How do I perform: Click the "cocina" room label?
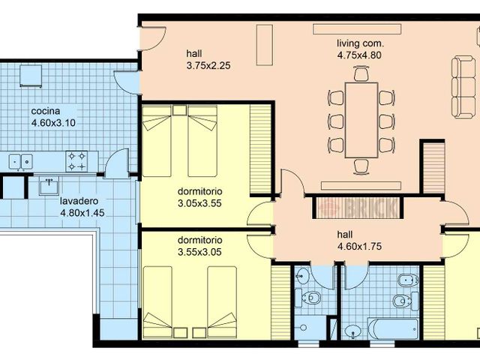tap(46, 111)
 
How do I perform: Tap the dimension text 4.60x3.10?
tap(53, 123)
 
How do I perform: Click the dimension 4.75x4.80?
tap(359, 55)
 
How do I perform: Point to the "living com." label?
tap(360, 43)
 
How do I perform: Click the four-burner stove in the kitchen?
tap(76, 161)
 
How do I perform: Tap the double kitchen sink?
tap(20, 161)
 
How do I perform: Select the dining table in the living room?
tap(361, 120)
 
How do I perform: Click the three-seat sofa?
tap(463, 87)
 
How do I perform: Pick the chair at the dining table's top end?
tap(361, 73)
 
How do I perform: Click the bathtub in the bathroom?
tap(393, 329)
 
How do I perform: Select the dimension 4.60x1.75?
tap(359, 247)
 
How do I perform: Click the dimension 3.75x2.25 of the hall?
tap(208, 66)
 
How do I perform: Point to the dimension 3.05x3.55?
tap(199, 203)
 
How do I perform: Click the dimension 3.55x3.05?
tap(199, 252)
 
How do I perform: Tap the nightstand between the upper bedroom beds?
tap(179, 110)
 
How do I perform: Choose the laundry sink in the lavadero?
tap(49, 185)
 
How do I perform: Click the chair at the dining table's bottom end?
tap(361, 166)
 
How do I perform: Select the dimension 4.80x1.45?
tap(82, 213)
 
